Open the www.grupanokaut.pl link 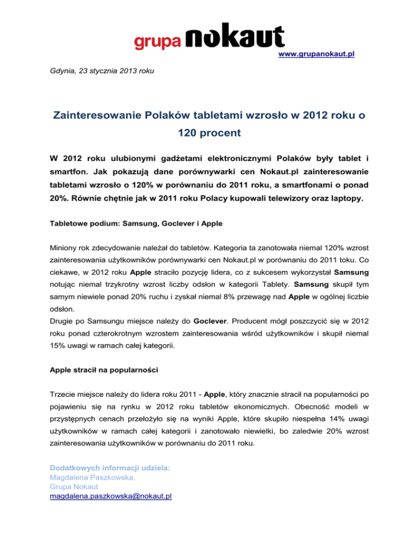point(316,55)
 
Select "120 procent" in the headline point(209,133)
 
